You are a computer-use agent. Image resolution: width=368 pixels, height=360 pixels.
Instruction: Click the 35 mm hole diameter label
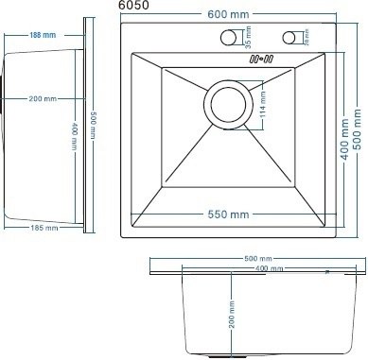click(249, 39)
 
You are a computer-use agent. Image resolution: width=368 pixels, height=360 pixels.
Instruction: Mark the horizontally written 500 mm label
click(256, 258)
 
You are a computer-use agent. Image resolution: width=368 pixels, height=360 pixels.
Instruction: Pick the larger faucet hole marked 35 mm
click(228, 38)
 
